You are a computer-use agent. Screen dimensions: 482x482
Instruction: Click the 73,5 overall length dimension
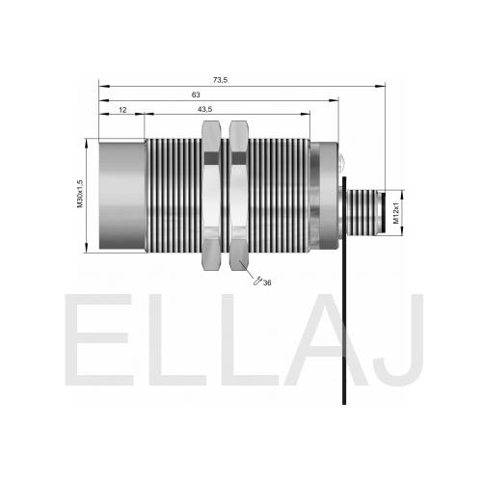coord(220,80)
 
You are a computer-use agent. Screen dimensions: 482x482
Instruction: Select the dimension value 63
coord(196,94)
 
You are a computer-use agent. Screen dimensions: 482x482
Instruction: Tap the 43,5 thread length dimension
coord(204,109)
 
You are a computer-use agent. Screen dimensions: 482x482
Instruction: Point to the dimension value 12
coord(122,110)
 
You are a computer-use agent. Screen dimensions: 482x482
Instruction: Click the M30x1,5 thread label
coord(80,194)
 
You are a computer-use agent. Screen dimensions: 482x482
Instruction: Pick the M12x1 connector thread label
coord(396,213)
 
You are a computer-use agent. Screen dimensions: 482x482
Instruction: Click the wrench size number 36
coord(267,282)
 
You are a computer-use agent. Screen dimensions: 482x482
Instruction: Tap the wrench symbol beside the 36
coord(257,281)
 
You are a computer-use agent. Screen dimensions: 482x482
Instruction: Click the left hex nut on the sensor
coord(211,196)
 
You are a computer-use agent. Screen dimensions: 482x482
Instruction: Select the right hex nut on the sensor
coord(239,196)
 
